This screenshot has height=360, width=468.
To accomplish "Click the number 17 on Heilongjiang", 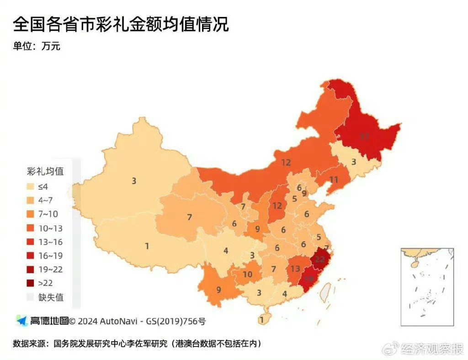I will point(364,136).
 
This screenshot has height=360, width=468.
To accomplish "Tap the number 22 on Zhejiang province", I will point(320,259).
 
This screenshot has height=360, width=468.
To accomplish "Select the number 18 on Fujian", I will point(309,278).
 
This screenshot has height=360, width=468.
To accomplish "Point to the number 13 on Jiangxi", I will point(295,269).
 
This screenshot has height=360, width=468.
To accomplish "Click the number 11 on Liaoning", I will point(334,180).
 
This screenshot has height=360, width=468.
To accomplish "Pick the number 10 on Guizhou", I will point(247,274).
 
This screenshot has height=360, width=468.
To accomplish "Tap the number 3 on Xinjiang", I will point(134,181).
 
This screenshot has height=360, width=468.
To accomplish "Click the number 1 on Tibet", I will point(147,246).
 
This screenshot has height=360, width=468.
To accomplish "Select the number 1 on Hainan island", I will point(261,320).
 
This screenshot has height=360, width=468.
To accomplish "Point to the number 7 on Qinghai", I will point(189,217).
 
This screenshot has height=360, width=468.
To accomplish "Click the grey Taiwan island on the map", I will point(325,292).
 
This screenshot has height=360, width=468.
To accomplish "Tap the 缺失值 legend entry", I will point(50,297).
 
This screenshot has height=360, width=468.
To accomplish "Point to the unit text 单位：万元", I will point(37,46).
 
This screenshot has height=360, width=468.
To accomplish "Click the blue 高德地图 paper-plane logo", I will point(21,321).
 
